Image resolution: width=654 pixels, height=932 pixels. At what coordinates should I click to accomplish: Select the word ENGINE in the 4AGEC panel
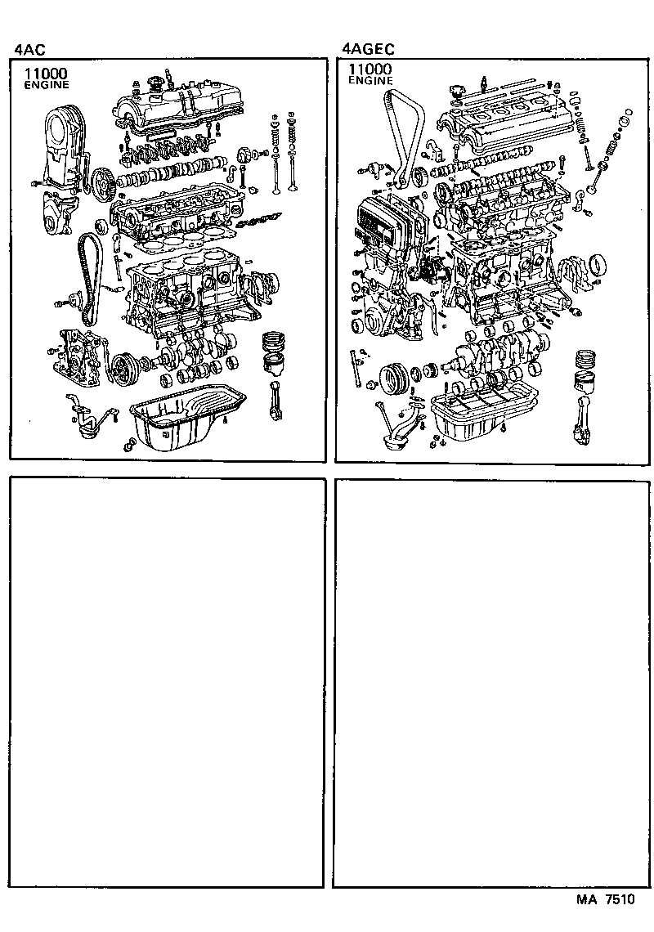pyautogui.click(x=370, y=82)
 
